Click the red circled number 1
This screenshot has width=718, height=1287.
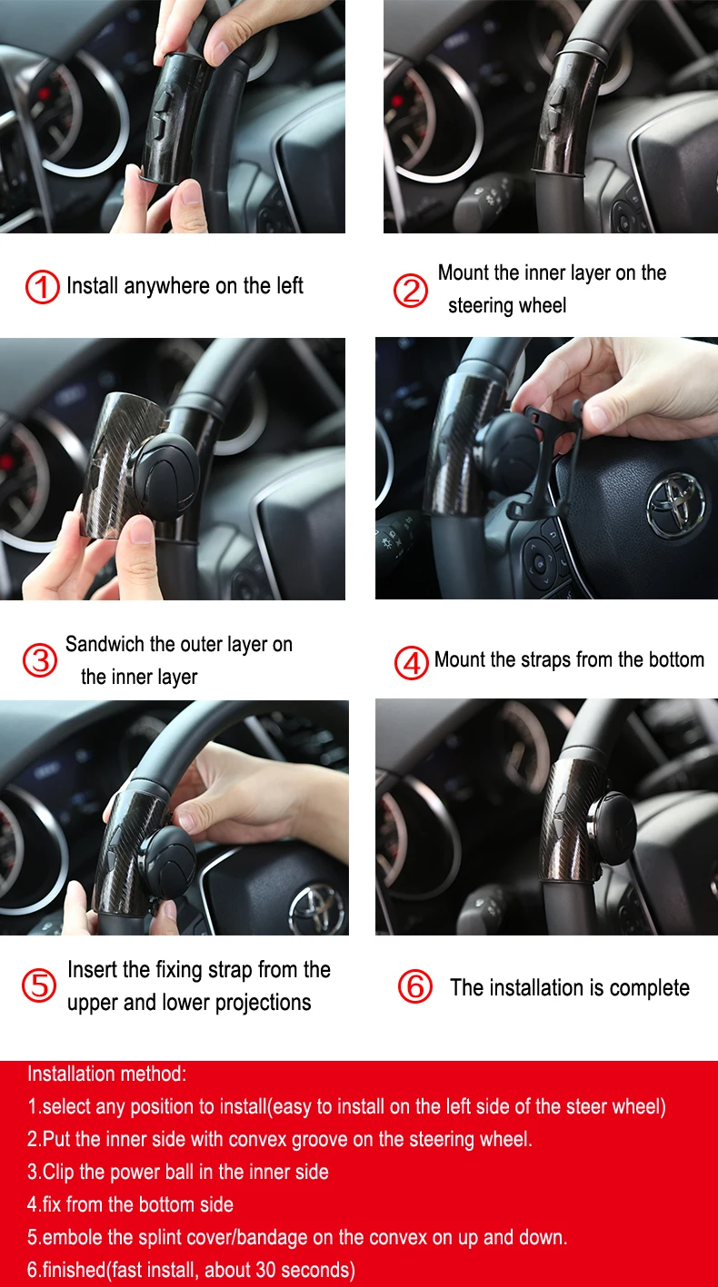pyautogui.click(x=42, y=287)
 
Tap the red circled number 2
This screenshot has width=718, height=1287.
pyautogui.click(x=411, y=290)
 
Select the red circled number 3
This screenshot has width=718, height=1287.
pyautogui.click(x=40, y=660)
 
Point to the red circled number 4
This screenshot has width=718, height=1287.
pyautogui.click(x=411, y=662)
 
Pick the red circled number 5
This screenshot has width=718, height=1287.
pyautogui.click(x=39, y=986)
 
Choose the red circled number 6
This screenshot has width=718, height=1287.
pyautogui.click(x=415, y=986)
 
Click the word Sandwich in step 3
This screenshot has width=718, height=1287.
pyautogui.click(x=105, y=644)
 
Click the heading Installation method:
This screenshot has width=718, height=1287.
pyautogui.click(x=107, y=1074)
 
